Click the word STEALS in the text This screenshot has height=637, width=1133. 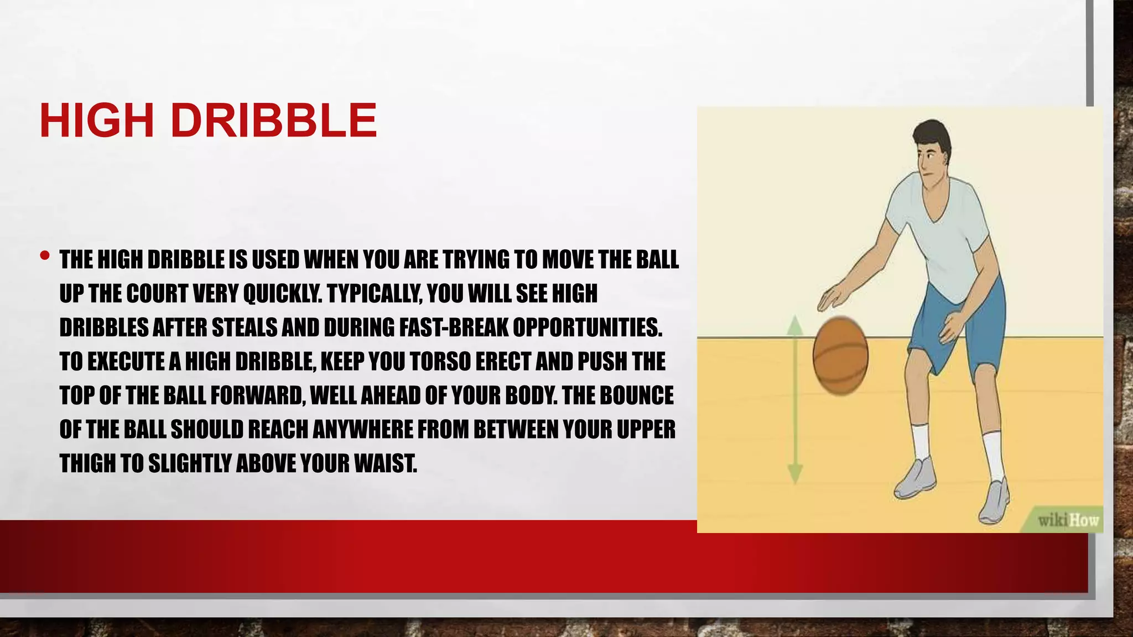click(245, 327)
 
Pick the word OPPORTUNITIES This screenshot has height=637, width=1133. click(587, 327)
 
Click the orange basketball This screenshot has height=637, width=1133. click(840, 356)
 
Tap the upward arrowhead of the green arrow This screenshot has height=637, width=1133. click(795, 325)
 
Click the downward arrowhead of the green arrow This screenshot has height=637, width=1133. click(795, 474)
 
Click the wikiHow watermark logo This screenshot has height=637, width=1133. click(1067, 520)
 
